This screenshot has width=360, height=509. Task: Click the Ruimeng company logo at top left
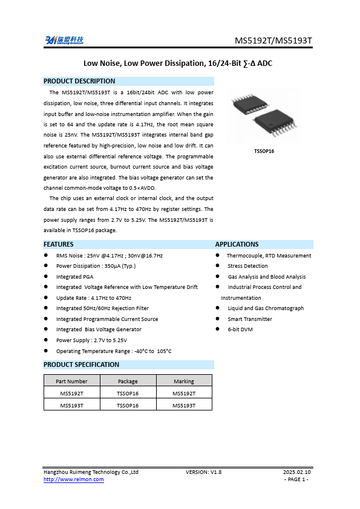coord(64,41)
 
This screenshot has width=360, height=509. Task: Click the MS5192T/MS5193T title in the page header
coord(273,41)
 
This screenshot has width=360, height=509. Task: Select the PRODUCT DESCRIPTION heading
coord(79,81)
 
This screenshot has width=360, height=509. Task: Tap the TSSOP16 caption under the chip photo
coord(264,151)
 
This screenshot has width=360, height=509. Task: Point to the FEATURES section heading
coord(59,244)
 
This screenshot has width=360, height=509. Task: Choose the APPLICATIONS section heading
coord(237,244)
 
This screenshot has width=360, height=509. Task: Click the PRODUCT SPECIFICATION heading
coord(82,365)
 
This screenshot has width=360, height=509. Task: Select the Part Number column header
coord(71,381)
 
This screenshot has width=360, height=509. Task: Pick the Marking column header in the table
coord(184,381)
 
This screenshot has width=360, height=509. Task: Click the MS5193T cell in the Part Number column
coord(71,405)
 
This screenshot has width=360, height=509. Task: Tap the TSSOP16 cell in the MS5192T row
coord(128,394)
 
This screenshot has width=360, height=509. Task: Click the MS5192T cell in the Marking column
coord(184,394)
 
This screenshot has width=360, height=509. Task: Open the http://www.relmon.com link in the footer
coord(74,479)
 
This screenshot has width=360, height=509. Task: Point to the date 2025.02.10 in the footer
coord(297,472)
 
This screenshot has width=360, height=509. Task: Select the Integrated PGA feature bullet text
coord(74,276)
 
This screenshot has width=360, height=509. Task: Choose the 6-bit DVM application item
coord(240,329)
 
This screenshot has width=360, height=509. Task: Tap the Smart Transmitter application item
coord(250,319)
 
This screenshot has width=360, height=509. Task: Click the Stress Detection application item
coord(247,266)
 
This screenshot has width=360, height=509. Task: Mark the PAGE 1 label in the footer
coord(296,479)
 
